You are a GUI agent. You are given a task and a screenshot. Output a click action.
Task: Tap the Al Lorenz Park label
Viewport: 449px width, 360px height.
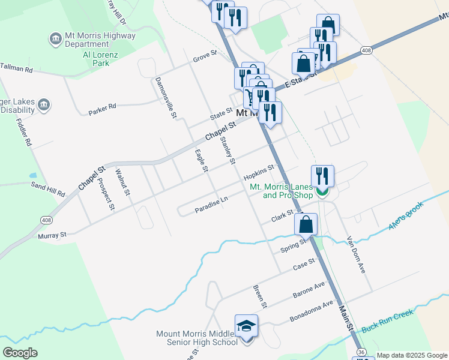click(89, 58)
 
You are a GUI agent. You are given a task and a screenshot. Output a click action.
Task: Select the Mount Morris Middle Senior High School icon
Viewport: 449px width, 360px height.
click(246, 326)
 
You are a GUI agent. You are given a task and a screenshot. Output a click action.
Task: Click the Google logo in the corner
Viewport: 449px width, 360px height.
click(20, 353)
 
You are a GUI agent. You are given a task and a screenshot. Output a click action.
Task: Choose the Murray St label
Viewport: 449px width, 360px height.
click(51, 236)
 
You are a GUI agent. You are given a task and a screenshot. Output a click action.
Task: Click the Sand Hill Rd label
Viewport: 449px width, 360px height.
click(47, 189)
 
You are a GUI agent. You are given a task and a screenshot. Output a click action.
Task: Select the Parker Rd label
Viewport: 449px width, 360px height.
click(101, 109)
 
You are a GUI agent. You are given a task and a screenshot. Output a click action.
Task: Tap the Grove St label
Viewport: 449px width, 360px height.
click(204, 58)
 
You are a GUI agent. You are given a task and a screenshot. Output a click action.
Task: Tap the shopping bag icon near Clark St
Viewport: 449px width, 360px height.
click(306, 225)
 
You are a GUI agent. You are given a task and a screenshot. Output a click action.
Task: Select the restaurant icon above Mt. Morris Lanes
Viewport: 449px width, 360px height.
click(322, 176)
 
